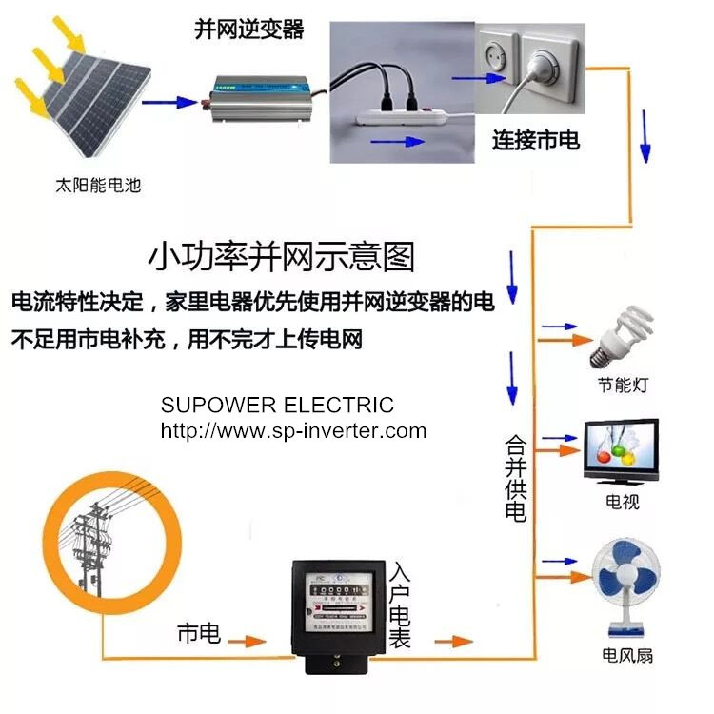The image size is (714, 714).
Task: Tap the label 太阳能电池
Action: point(98,186)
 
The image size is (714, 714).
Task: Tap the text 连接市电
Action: point(535,140)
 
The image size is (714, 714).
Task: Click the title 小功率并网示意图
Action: point(282,256)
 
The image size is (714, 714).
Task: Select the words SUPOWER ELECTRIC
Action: point(276,406)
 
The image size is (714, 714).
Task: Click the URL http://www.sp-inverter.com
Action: point(292,430)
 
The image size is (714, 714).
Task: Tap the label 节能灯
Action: point(624,386)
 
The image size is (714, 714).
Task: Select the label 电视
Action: point(622,501)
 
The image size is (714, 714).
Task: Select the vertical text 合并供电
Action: point(515,478)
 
